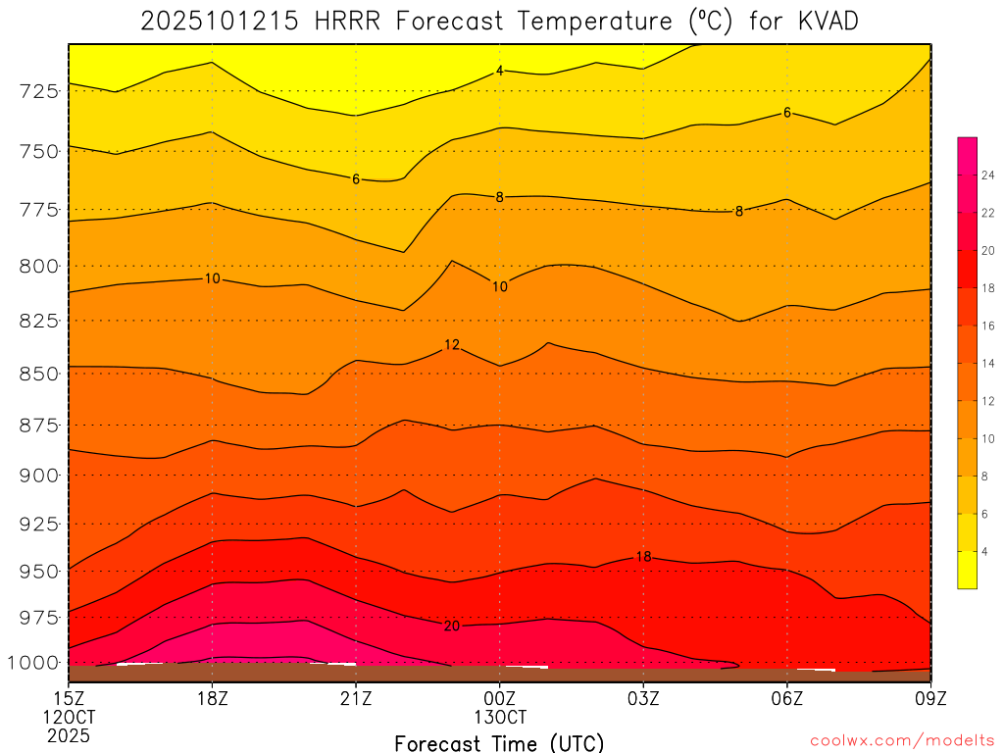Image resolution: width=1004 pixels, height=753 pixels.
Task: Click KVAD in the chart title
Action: [x=822, y=22]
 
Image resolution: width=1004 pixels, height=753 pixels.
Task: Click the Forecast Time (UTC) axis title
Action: [x=499, y=742]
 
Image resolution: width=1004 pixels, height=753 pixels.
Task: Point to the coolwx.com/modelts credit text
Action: [x=901, y=739]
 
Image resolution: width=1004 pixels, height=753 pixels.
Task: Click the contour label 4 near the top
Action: [x=499, y=71]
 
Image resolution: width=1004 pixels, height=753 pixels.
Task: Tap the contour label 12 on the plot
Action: [x=451, y=345]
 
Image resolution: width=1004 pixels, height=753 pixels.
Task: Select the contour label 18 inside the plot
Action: [x=643, y=557]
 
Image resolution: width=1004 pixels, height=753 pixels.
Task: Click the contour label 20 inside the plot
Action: [x=451, y=626]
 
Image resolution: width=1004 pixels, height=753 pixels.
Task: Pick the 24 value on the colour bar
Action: [x=988, y=175]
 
